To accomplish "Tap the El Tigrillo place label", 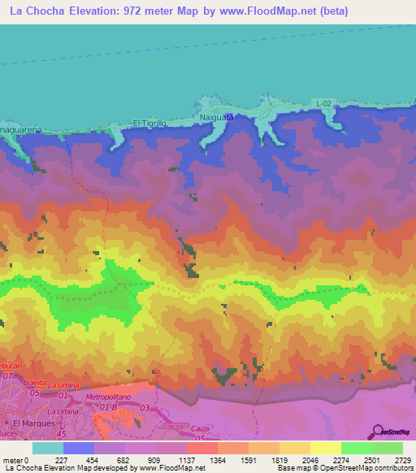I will pos(149,124).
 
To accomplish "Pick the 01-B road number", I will pos(108,406).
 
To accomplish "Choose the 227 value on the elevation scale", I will pos(63,459).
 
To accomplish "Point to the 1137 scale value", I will pos(186,459).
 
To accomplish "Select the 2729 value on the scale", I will pos(401,459).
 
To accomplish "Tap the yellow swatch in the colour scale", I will pos(324,448).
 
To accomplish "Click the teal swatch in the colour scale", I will pos(48,448).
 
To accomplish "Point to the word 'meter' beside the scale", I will pos(12,459).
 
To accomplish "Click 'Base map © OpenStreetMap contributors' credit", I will pos(345,468).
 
